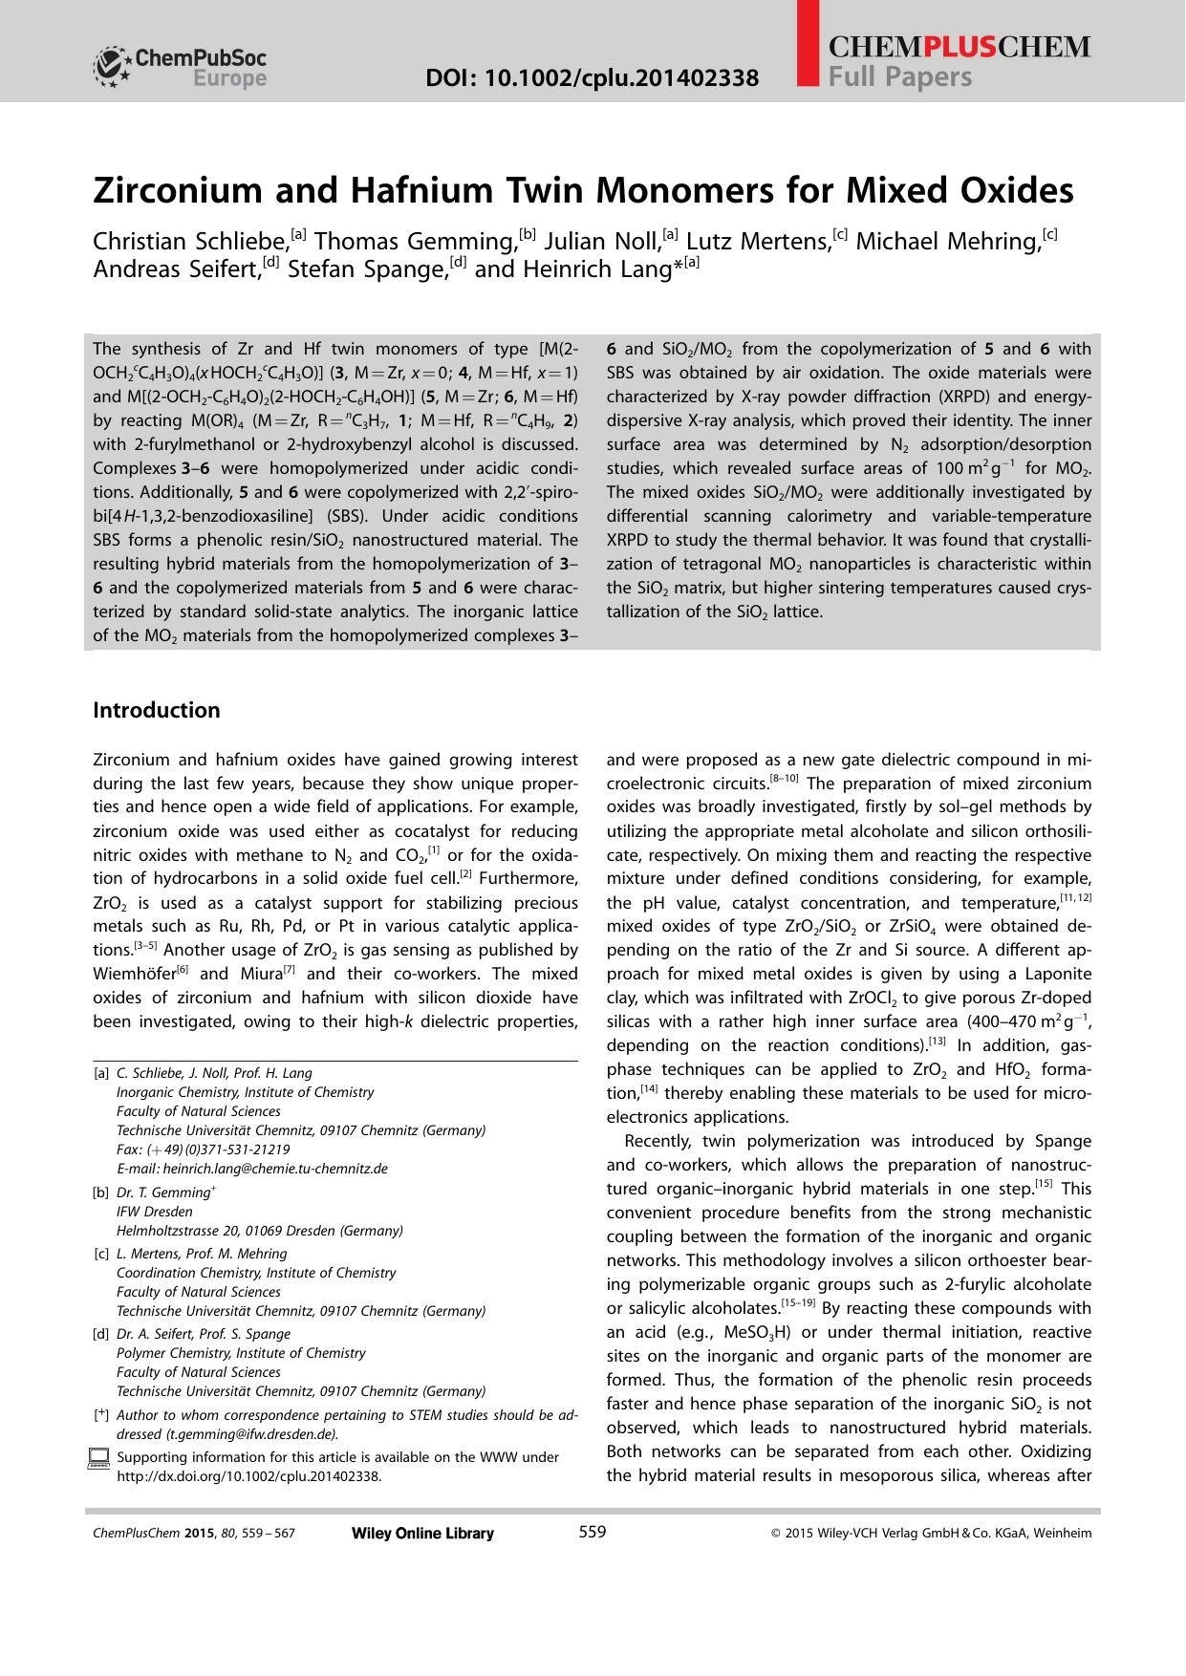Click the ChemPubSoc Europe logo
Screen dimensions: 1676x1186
181,67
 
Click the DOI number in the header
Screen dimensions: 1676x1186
593,77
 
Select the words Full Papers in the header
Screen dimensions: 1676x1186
900,77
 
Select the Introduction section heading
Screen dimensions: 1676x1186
157,710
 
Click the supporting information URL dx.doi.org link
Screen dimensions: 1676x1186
248,1476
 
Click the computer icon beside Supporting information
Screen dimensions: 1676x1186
98,1458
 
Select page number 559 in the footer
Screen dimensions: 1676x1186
593,1533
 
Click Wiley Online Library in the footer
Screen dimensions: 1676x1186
422,1534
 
